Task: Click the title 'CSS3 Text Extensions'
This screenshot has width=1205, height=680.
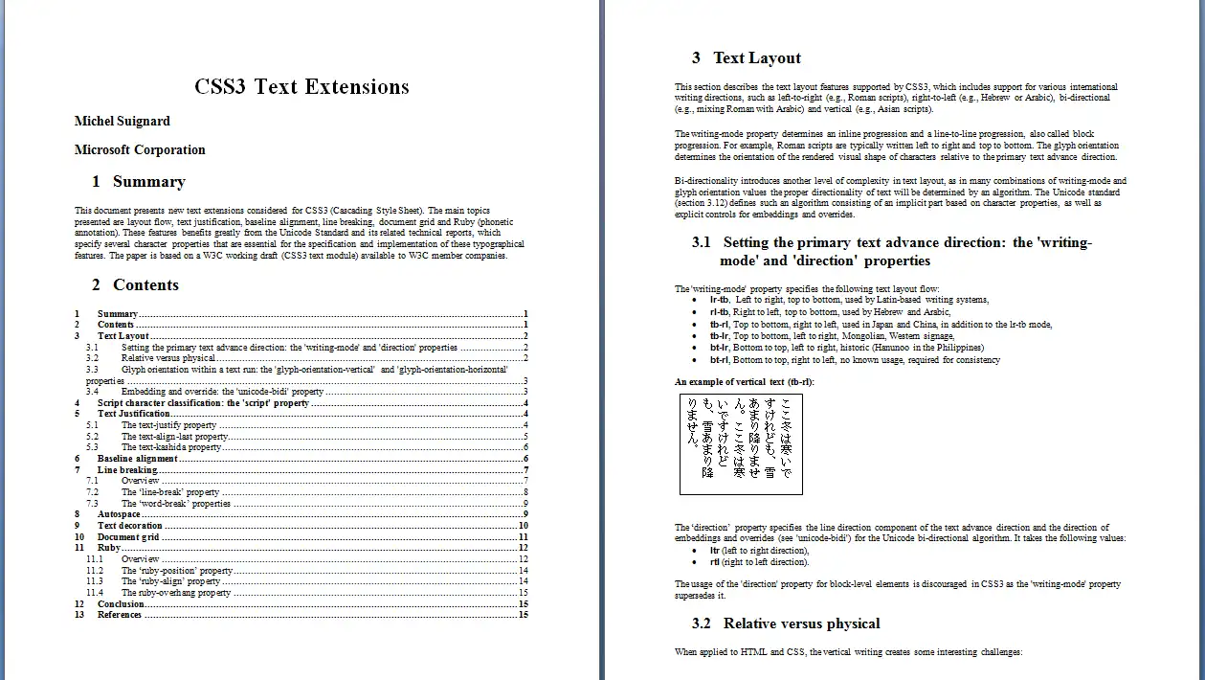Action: click(x=301, y=87)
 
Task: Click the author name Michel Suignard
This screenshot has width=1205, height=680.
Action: click(x=123, y=122)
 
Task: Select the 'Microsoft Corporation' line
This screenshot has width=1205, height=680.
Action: click(x=140, y=150)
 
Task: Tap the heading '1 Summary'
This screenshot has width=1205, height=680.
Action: click(x=139, y=182)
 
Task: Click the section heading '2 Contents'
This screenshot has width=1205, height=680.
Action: click(x=135, y=285)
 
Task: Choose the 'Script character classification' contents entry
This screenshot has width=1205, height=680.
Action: click(x=203, y=403)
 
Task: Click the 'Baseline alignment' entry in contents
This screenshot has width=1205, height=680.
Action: click(x=137, y=459)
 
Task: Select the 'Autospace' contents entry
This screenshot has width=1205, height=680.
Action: click(x=119, y=514)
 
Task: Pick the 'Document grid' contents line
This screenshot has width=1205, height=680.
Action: click(x=128, y=537)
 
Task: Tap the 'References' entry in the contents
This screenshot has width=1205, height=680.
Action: click(x=120, y=615)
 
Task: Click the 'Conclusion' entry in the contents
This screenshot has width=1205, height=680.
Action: click(x=121, y=604)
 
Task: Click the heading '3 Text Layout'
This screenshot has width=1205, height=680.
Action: click(x=747, y=58)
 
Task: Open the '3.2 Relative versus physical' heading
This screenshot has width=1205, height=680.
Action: click(x=786, y=624)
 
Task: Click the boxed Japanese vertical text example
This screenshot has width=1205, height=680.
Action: click(x=741, y=444)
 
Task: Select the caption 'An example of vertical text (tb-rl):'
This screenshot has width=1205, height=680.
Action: click(x=744, y=382)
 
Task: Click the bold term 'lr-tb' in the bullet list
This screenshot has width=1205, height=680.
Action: click(x=719, y=301)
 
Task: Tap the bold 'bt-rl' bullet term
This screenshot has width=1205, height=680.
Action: click(x=719, y=360)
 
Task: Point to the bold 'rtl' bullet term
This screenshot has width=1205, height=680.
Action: click(x=714, y=562)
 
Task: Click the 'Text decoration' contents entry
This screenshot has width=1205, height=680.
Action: click(x=129, y=526)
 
